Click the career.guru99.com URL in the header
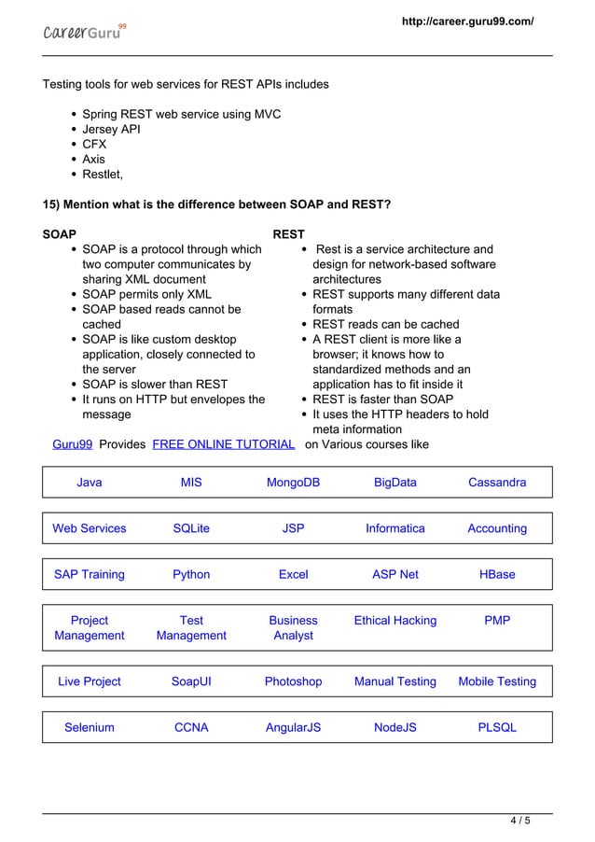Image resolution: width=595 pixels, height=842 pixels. pyautogui.click(x=466, y=21)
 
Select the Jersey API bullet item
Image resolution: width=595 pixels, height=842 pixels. pyautogui.click(x=111, y=130)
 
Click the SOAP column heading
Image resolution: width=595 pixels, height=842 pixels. pyautogui.click(x=60, y=233)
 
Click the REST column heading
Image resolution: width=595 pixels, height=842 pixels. pyautogui.click(x=288, y=233)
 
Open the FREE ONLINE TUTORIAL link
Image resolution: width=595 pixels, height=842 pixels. pyautogui.click(x=224, y=444)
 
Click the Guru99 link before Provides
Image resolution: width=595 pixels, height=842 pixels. pyautogui.click(x=72, y=444)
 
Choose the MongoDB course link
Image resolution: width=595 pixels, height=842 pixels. pyautogui.click(x=293, y=483)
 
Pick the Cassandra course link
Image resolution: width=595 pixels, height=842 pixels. pyautogui.click(x=496, y=483)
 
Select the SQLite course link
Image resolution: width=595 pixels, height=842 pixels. pyautogui.click(x=191, y=528)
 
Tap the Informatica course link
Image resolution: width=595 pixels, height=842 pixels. pyautogui.click(x=394, y=528)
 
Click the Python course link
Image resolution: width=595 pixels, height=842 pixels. pyautogui.click(x=191, y=574)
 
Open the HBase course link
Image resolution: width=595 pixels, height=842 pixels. pyautogui.click(x=496, y=574)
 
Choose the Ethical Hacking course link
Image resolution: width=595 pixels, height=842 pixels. pyautogui.click(x=394, y=620)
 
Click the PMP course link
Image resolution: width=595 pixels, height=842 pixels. pyautogui.click(x=496, y=620)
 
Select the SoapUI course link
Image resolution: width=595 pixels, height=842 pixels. pyautogui.click(x=191, y=681)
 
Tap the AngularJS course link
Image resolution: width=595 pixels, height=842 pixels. pyautogui.click(x=293, y=727)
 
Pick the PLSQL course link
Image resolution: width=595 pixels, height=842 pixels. pyautogui.click(x=496, y=727)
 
